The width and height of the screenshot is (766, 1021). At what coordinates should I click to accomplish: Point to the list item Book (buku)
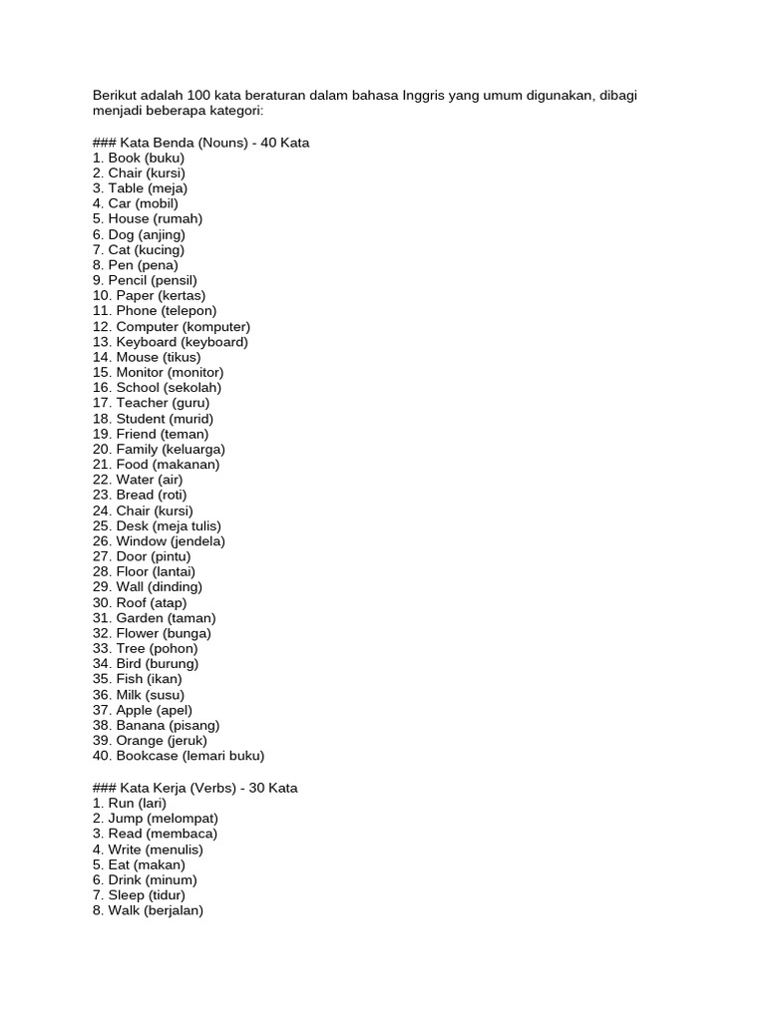pyautogui.click(x=139, y=158)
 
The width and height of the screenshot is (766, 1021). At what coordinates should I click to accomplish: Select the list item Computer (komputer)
pyautogui.click(x=171, y=326)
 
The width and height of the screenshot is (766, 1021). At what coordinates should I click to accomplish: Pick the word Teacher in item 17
pyautogui.click(x=142, y=403)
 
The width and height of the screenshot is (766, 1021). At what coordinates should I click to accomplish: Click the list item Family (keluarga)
pyautogui.click(x=159, y=449)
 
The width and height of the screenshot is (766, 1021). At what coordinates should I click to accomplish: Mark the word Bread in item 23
pyautogui.click(x=135, y=495)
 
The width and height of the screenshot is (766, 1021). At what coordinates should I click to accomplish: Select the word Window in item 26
pyautogui.click(x=141, y=541)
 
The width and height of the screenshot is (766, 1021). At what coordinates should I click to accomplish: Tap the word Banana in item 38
pyautogui.click(x=143, y=725)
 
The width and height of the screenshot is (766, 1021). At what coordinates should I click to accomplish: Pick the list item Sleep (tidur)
pyautogui.click(x=139, y=895)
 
